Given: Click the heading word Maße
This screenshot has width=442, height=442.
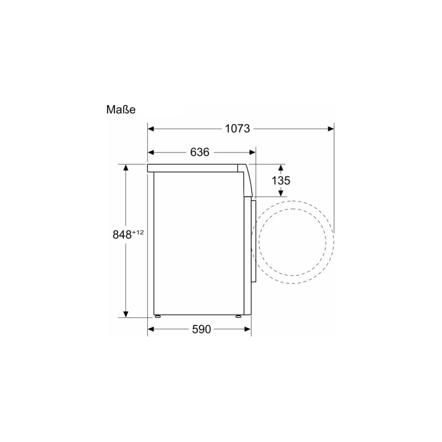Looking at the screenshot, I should pos(120,109).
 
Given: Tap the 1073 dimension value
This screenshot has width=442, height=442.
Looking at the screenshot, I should pos(238,129).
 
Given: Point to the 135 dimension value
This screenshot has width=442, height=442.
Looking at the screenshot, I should pos(281,180).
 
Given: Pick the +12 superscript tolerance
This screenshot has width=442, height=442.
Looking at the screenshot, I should pos(138,232).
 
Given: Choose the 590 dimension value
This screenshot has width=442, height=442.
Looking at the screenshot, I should pos(201,330).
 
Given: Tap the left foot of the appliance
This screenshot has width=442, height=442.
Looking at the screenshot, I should pos(159,317).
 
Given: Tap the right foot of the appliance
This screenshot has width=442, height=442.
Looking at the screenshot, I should pos(239,317).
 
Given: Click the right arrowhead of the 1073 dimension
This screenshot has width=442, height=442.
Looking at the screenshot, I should pos(330,129).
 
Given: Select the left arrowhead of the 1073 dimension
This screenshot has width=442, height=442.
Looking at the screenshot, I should pos(151,129).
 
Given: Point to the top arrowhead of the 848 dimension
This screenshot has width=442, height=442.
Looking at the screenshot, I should pos(126,168).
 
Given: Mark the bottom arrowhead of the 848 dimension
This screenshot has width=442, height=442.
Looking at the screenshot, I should pos(126,313).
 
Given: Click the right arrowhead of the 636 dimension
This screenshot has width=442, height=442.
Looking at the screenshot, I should pos(252,152).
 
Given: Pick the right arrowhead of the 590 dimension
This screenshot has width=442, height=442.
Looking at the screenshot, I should pos(248,330).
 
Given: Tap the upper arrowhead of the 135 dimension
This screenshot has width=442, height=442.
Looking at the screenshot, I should pos(281,167).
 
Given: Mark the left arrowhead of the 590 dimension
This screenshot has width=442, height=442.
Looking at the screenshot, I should pos(151,330).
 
